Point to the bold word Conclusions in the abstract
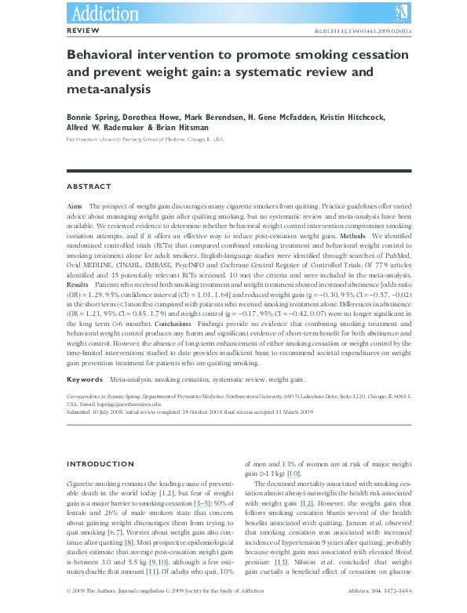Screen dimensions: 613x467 (x=199, y=324)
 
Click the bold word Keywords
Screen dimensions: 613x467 (x=85, y=379)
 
